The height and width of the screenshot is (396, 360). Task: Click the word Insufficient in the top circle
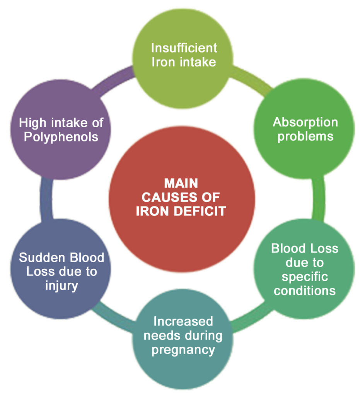point(184,48)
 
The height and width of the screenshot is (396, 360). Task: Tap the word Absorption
point(305,123)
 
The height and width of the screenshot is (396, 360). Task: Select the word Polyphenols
point(61,137)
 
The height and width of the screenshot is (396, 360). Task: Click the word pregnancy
point(183,350)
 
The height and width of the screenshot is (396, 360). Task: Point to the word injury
point(61,286)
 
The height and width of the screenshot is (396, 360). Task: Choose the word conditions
point(305,291)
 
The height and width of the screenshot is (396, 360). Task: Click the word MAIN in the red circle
point(181,183)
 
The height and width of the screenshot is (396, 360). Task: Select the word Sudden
point(42,258)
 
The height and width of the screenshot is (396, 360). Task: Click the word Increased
point(183,321)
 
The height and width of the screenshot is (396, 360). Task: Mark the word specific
point(305,277)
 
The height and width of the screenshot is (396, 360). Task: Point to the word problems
point(305,137)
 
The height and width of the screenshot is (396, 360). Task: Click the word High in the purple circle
point(32,123)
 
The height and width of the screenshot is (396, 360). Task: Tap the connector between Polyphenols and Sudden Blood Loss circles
point(46,200)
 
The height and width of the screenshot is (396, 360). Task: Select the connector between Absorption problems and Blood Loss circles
point(319,199)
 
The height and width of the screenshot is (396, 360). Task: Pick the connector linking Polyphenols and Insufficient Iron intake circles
point(113,80)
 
